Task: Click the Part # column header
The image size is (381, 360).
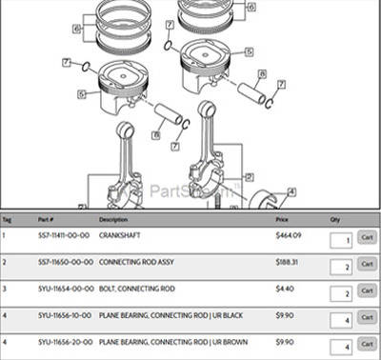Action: pyautogui.click(x=45, y=219)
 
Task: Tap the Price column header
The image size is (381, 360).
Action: pyautogui.click(x=281, y=219)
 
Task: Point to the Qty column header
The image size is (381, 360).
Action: pyautogui.click(x=333, y=219)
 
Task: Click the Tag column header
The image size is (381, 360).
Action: pyautogui.click(x=7, y=219)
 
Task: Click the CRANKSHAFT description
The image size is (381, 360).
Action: pyautogui.click(x=120, y=234)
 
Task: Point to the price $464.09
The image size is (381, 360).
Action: pyautogui.click(x=288, y=234)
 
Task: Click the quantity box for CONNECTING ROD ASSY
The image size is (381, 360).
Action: pyautogui.click(x=340, y=268)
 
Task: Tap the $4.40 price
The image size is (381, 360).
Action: pyautogui.click(x=284, y=288)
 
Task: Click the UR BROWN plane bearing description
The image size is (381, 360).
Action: pyautogui.click(x=163, y=341)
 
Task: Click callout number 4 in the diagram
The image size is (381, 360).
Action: pyautogui.click(x=291, y=191)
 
